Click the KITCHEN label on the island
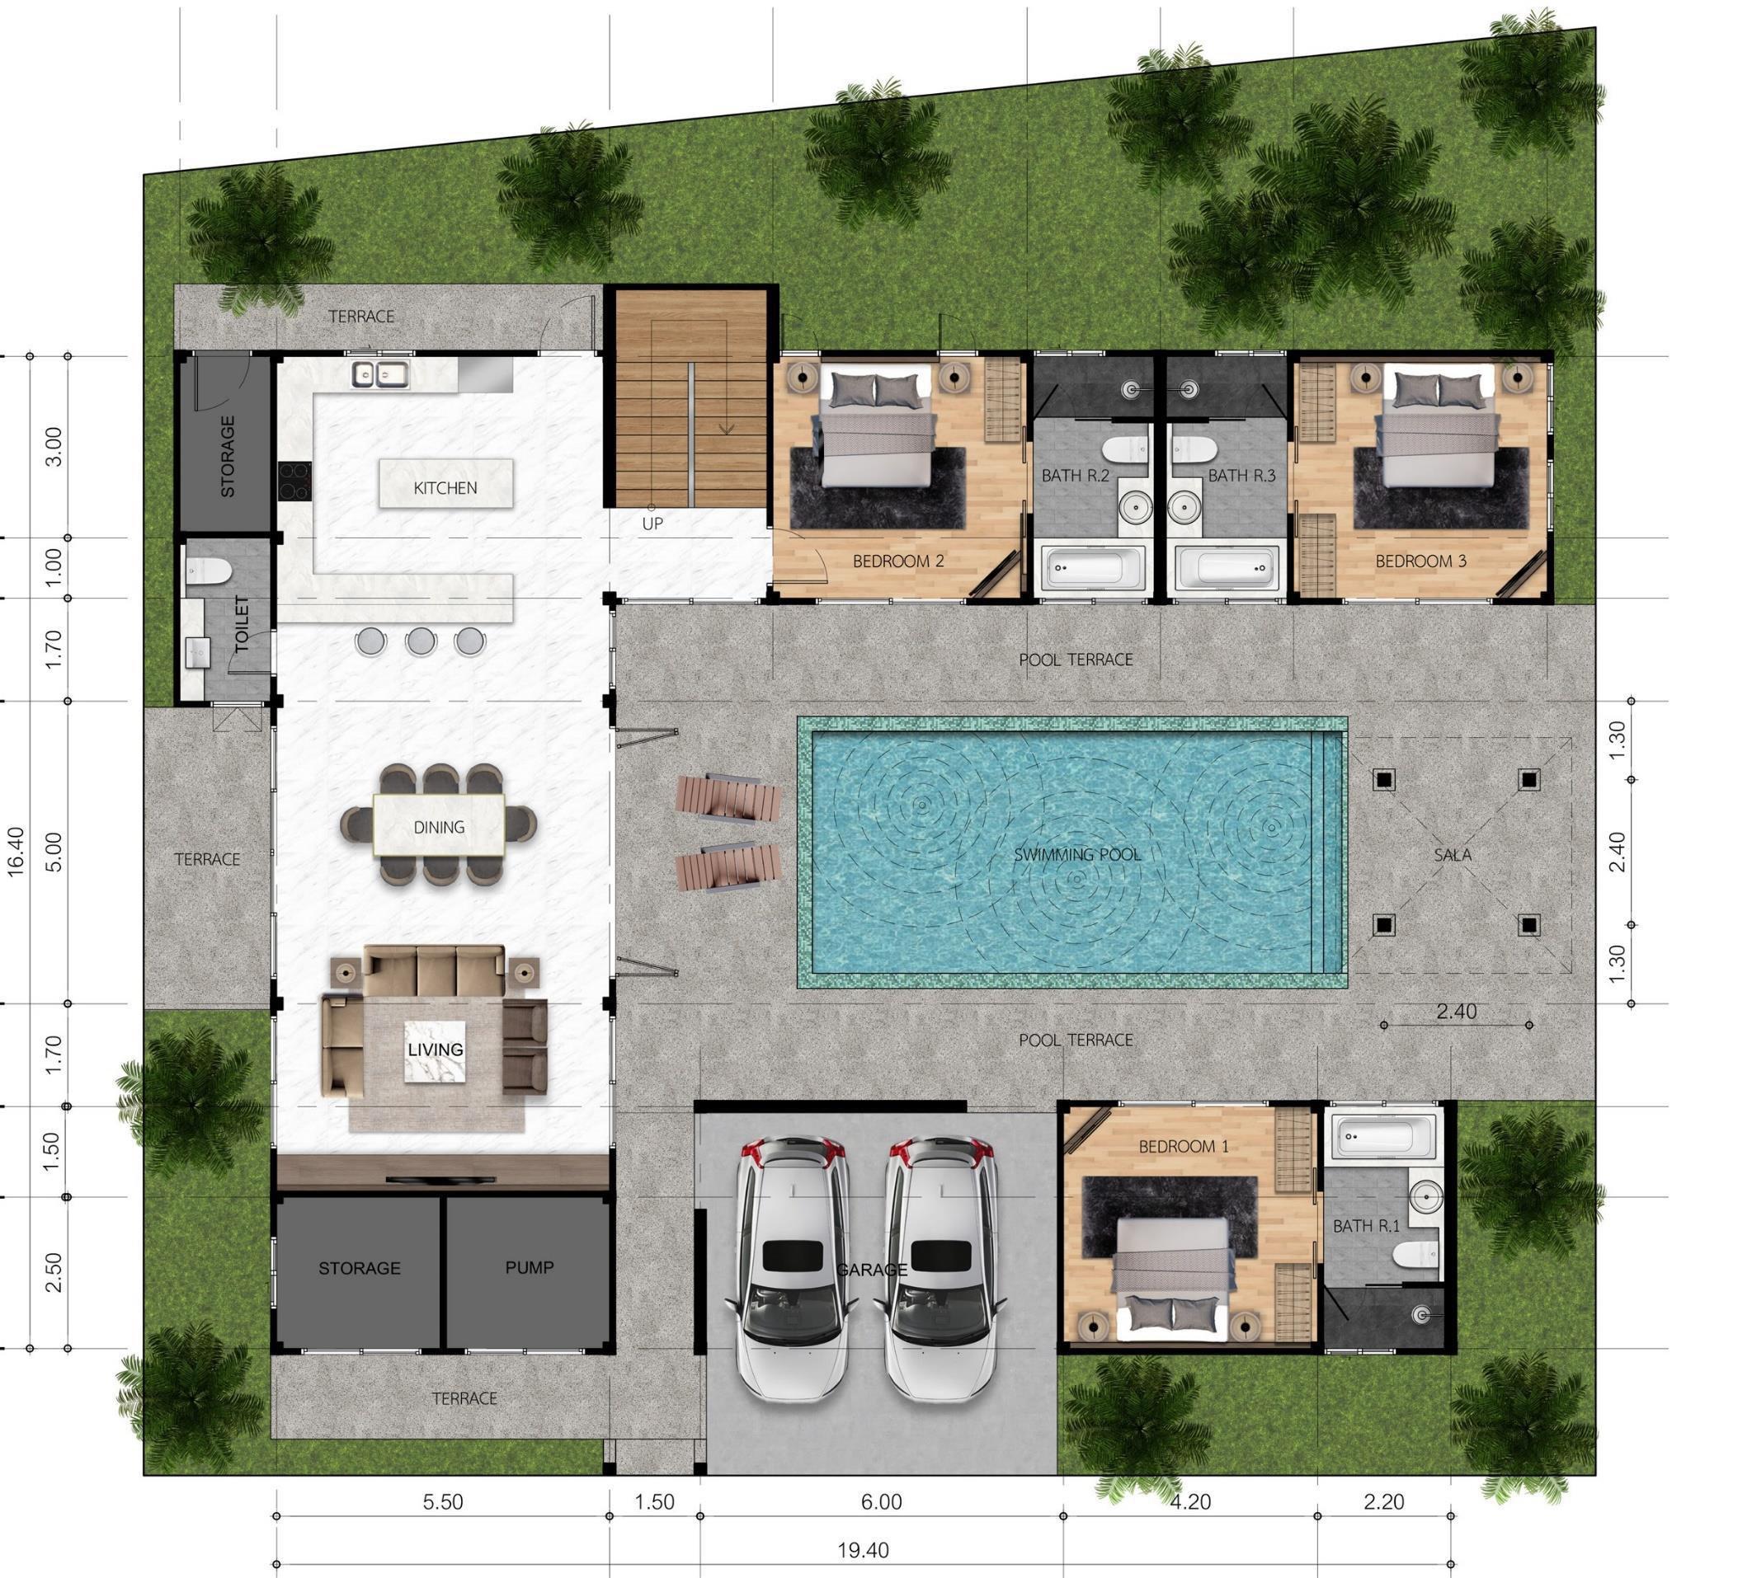tap(445, 488)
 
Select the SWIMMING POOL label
tap(1077, 855)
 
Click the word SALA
tap(1452, 855)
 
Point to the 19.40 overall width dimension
tap(863, 1550)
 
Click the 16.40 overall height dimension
tap(16, 852)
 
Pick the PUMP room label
tap(529, 1266)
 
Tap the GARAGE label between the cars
tap(872, 1270)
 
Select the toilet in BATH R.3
tap(1192, 449)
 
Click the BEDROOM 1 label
tap(1183, 1146)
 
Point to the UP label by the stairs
tap(652, 524)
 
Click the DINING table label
tap(439, 827)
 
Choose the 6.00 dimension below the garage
tap(881, 1501)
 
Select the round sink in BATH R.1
tap(1425, 1197)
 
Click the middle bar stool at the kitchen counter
tap(421, 641)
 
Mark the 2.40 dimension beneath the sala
tap(1456, 1012)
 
